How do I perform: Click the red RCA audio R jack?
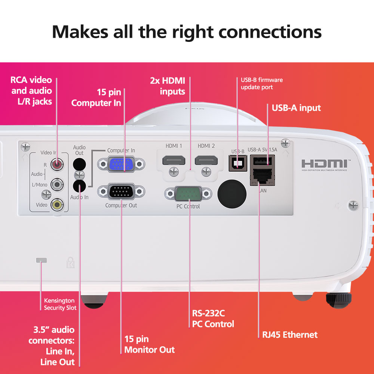coord(57,164)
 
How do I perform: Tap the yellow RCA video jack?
coord(57,204)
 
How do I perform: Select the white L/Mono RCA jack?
coord(57,184)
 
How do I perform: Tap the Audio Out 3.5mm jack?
coord(79,164)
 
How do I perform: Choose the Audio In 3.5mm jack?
coord(79,185)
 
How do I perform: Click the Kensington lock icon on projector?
coord(70,263)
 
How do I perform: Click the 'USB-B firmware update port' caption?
coord(262,83)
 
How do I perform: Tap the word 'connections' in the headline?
coord(270,32)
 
